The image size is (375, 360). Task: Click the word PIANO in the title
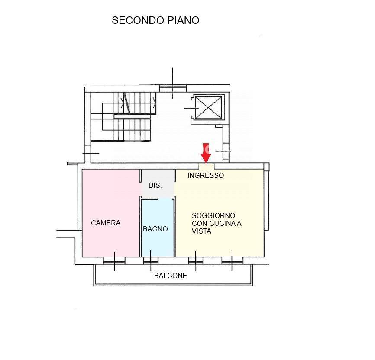[x=183, y=20]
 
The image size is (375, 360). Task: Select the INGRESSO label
[x=206, y=175]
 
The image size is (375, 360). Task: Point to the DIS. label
[x=155, y=186]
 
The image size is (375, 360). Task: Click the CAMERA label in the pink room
[x=106, y=223]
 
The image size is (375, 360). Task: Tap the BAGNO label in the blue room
[x=155, y=229]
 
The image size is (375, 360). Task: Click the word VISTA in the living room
[x=201, y=231]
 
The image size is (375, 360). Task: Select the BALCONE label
[x=171, y=276]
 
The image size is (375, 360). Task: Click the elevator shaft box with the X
[x=208, y=107]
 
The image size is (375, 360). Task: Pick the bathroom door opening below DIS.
[x=158, y=197]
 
